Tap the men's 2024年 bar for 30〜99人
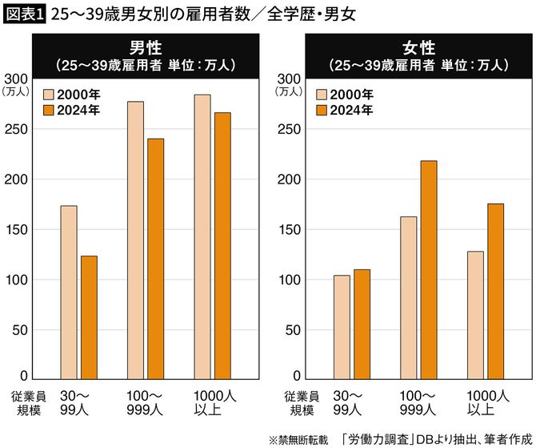click(88, 317)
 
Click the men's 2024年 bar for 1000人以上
click(222, 245)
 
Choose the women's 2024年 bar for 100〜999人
click(429, 269)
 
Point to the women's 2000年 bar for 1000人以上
click(475, 314)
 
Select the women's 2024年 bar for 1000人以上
click(495, 291)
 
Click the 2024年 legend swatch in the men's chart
click(47, 111)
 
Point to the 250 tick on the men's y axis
click(18, 129)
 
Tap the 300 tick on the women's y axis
click(288, 79)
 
